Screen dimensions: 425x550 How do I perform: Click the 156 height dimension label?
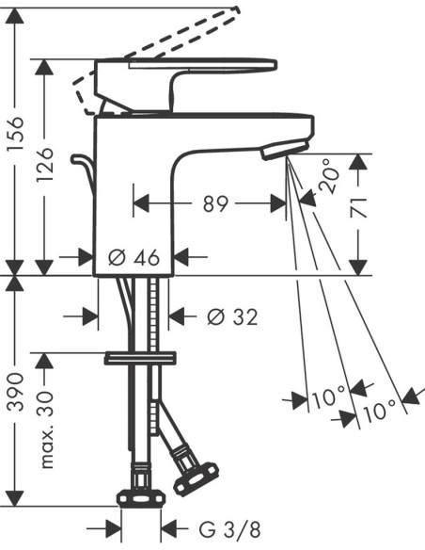pos(16,133)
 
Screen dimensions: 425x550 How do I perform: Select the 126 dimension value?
pos(45,164)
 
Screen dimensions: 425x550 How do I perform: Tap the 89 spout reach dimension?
pos(215,203)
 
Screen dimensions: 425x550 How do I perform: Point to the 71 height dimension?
pos(359,207)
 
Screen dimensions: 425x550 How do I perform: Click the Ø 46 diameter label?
pos(134,257)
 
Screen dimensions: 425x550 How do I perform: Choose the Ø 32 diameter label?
pos(232,316)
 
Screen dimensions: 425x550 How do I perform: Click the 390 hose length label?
pos(16,392)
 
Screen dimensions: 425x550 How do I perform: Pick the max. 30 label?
pos(45,430)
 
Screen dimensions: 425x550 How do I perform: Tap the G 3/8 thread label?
pos(230,529)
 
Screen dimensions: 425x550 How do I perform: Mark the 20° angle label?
pos(327,176)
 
